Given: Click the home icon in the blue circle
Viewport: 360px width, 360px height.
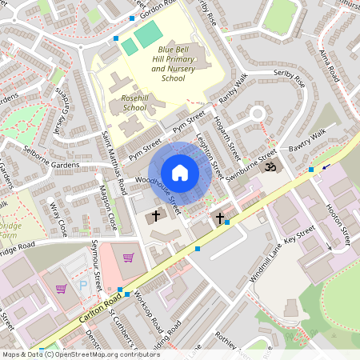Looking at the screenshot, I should click(180, 173).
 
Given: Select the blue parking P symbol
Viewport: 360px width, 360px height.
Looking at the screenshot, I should click(82, 285).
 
